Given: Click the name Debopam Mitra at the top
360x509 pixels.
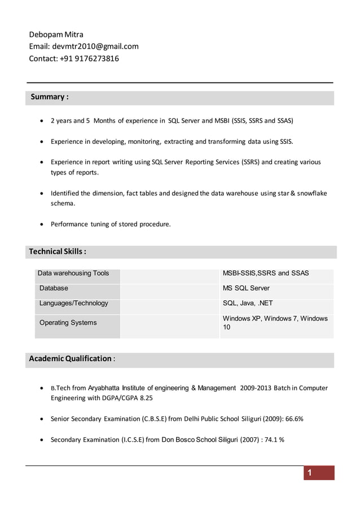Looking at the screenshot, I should pos(56,34).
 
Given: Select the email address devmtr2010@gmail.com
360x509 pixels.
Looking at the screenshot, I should pos(95,46).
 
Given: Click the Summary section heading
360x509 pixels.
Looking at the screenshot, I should pos(50,97).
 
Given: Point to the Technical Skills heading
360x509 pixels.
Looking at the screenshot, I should pos(58,251).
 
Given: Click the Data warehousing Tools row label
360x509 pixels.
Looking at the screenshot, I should pos(73,273).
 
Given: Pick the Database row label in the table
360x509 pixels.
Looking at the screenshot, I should pos(54,288).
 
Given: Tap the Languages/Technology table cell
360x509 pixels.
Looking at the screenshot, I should pos(73,304).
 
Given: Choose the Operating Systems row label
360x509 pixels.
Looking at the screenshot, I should pos(68,323).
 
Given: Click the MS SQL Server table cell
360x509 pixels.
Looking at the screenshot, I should pos(246,288).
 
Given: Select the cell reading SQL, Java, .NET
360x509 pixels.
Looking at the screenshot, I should pos(248,304).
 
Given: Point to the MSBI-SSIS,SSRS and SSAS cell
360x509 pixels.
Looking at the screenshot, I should pos(266,273).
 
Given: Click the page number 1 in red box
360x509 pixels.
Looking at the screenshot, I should pos(309,473).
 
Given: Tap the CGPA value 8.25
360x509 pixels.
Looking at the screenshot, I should pos(146,398).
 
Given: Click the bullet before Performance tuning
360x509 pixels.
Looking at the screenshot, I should pos(42,225).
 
